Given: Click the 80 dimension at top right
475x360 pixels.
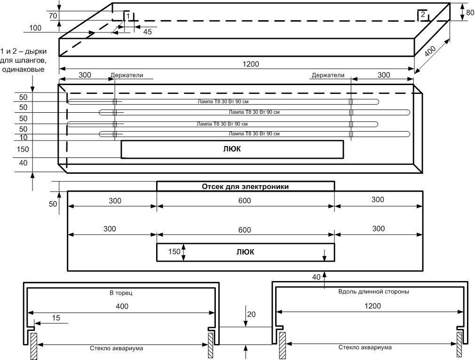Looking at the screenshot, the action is pyautogui.click(x=470, y=13).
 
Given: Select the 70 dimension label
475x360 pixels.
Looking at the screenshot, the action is pyautogui.click(x=53, y=16).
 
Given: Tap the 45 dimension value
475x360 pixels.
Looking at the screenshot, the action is pyautogui.click(x=147, y=32).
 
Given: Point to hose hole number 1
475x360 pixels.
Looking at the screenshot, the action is pyautogui.click(x=128, y=16).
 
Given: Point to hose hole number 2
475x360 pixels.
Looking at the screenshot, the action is pyautogui.click(x=423, y=14).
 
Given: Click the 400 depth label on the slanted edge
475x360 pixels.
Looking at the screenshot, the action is pyautogui.click(x=430, y=52).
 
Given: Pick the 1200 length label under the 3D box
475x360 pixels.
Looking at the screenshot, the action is pyautogui.click(x=251, y=64).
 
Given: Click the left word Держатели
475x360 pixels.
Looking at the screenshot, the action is pyautogui.click(x=127, y=75).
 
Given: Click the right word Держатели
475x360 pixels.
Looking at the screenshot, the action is pyautogui.click(x=328, y=75).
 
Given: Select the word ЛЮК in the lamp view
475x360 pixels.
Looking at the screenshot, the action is pyautogui.click(x=232, y=149).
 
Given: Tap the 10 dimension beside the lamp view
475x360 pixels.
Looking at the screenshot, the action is pyautogui.click(x=24, y=138).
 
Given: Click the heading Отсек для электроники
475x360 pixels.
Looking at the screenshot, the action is pyautogui.click(x=245, y=187).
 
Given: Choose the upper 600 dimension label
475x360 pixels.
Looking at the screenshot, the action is pyautogui.click(x=245, y=201).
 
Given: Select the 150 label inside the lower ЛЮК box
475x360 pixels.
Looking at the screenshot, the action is pyautogui.click(x=174, y=251).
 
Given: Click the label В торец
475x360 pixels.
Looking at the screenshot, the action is pyautogui.click(x=121, y=293).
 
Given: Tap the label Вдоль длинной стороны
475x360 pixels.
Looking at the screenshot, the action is pyautogui.click(x=373, y=291).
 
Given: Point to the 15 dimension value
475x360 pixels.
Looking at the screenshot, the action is pyautogui.click(x=56, y=318).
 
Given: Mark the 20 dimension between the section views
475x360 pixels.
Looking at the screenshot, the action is pyautogui.click(x=252, y=314).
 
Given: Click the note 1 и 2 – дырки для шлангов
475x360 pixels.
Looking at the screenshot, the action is pyautogui.click(x=24, y=60).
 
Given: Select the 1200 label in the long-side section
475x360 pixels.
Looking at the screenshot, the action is pyautogui.click(x=372, y=306).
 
